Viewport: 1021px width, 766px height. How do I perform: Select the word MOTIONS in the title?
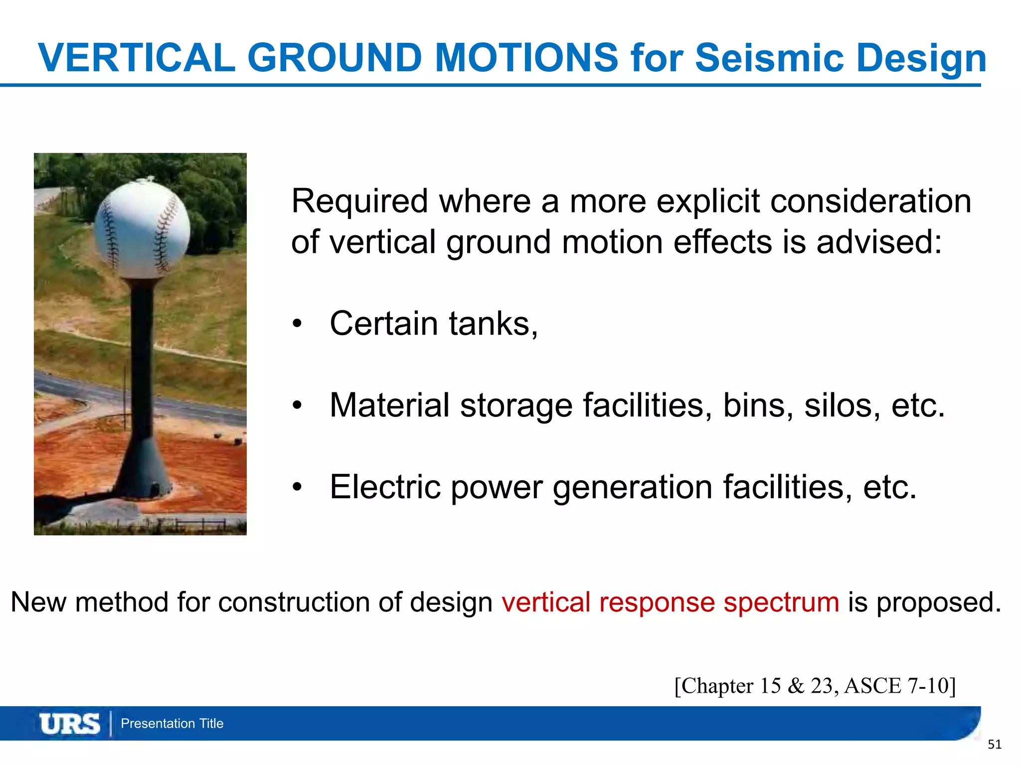click(526, 58)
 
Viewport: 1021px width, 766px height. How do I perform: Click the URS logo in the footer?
click(70, 724)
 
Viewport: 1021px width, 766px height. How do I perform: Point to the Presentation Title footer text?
click(172, 724)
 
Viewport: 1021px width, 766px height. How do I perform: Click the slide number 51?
click(994, 745)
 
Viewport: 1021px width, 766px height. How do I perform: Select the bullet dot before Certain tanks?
click(297, 324)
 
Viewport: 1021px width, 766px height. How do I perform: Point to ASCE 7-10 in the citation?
click(900, 686)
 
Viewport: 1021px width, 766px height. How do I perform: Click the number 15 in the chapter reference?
click(770, 686)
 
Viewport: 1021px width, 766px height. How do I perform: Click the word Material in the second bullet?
click(389, 405)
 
